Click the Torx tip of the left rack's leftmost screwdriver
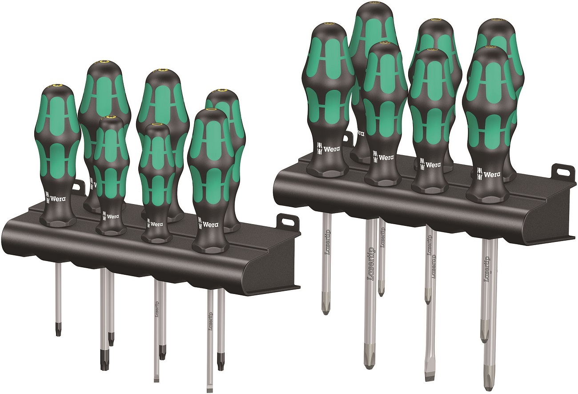pyautogui.click(x=58, y=331)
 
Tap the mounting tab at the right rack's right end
pyautogui.click(x=558, y=171)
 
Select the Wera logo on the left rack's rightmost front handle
pyautogui.click(x=209, y=225)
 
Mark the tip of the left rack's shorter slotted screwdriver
pyautogui.click(x=157, y=378)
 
